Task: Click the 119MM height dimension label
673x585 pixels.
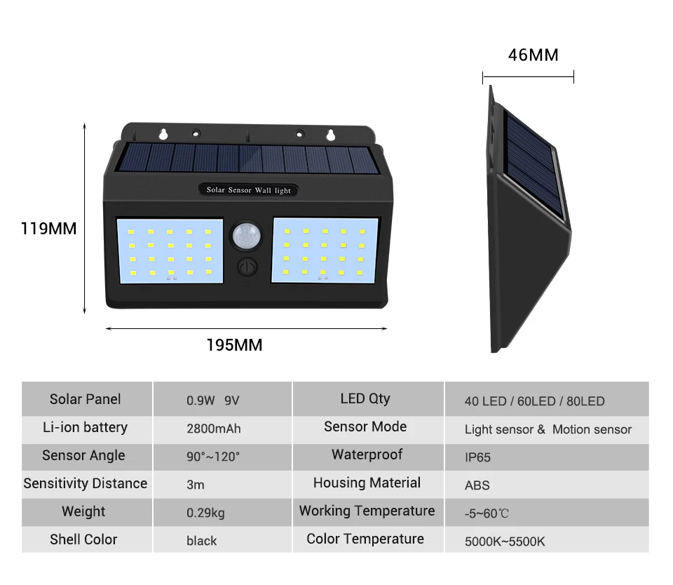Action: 48,229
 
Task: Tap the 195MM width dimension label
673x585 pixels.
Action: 234,345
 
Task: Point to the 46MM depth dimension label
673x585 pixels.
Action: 533,55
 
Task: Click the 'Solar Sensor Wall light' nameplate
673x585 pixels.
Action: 248,190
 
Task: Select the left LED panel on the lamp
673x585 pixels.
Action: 170,250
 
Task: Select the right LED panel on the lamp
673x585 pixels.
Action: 325,250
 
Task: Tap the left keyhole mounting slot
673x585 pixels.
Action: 163,133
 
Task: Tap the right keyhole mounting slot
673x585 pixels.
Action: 329,133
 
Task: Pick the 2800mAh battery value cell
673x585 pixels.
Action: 214,429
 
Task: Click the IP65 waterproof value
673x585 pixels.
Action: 477,457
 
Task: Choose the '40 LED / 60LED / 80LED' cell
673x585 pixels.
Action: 534,401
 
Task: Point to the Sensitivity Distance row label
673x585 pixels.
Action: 86,483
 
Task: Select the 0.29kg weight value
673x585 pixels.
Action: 205,513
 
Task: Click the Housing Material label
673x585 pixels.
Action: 367,483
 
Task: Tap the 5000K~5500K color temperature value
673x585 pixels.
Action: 505,542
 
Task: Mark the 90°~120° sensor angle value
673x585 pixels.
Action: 213,457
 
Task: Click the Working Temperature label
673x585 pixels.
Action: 367,511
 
